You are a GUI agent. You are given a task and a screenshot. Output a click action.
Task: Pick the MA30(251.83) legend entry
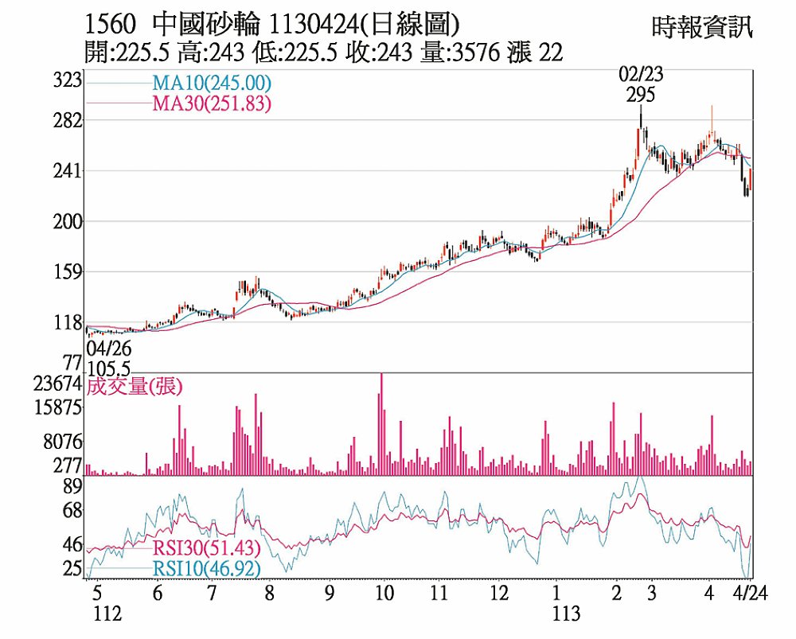[x=211, y=103]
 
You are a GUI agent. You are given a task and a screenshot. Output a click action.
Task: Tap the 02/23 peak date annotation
[x=641, y=76]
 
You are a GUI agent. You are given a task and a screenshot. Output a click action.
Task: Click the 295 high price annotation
[x=641, y=95]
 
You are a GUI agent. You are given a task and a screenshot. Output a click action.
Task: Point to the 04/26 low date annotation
[x=109, y=349]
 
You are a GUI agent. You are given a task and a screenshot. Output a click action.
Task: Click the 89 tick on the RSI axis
[x=73, y=487]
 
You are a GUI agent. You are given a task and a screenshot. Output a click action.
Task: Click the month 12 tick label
[x=499, y=594]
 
